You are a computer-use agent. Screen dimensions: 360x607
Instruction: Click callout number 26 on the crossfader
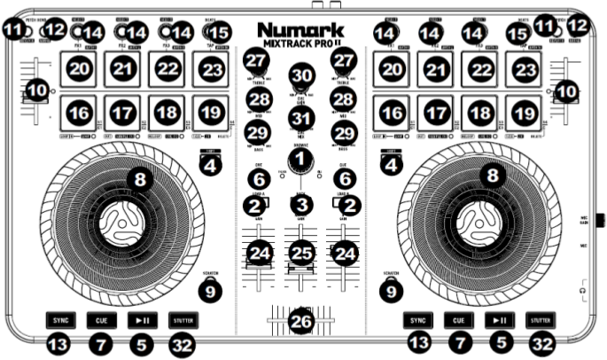(x=302, y=321)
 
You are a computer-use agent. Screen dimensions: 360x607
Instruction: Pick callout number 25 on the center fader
(x=302, y=254)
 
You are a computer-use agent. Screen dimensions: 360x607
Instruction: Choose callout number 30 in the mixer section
(x=302, y=75)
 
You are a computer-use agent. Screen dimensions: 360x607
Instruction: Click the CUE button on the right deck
(x=457, y=320)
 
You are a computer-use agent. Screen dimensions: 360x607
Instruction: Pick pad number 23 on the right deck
(x=526, y=68)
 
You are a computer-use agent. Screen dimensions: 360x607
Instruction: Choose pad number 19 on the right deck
(x=526, y=113)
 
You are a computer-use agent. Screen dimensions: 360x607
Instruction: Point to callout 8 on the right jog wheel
(x=494, y=176)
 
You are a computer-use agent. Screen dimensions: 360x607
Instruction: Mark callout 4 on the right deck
(x=388, y=164)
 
